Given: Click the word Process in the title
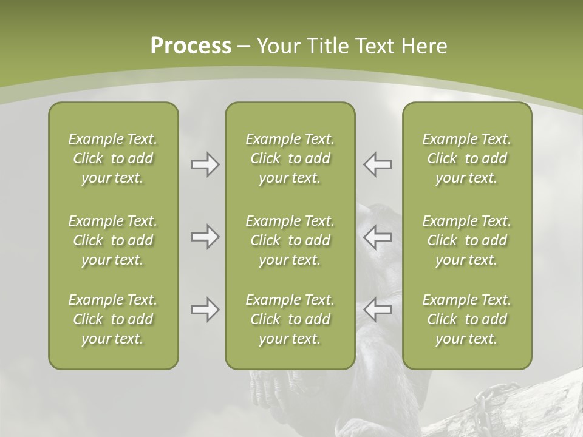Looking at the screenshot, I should click(191, 46).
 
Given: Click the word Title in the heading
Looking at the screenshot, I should click(328, 46).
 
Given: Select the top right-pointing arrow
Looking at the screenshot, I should click(205, 164).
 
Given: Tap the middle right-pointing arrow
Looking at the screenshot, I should click(205, 237).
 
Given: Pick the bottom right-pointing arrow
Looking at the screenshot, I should click(205, 310).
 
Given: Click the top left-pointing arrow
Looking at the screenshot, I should click(377, 164).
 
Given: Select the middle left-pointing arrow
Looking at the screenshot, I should click(377, 237).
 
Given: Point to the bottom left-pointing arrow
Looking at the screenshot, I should click(377, 310).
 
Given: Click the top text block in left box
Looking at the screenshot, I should click(113, 158).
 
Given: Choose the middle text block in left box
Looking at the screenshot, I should click(113, 240).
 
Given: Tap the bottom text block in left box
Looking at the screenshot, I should click(113, 319).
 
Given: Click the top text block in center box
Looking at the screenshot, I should click(290, 158).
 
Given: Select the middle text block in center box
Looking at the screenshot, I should click(290, 240).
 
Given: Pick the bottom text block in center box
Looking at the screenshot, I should click(290, 319).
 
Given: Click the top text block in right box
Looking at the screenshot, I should click(466, 158).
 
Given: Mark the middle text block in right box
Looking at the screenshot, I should click(466, 240).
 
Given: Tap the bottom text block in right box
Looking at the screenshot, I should click(466, 319).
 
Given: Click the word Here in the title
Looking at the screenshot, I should click(424, 46).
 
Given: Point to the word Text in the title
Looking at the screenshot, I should click(375, 46).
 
